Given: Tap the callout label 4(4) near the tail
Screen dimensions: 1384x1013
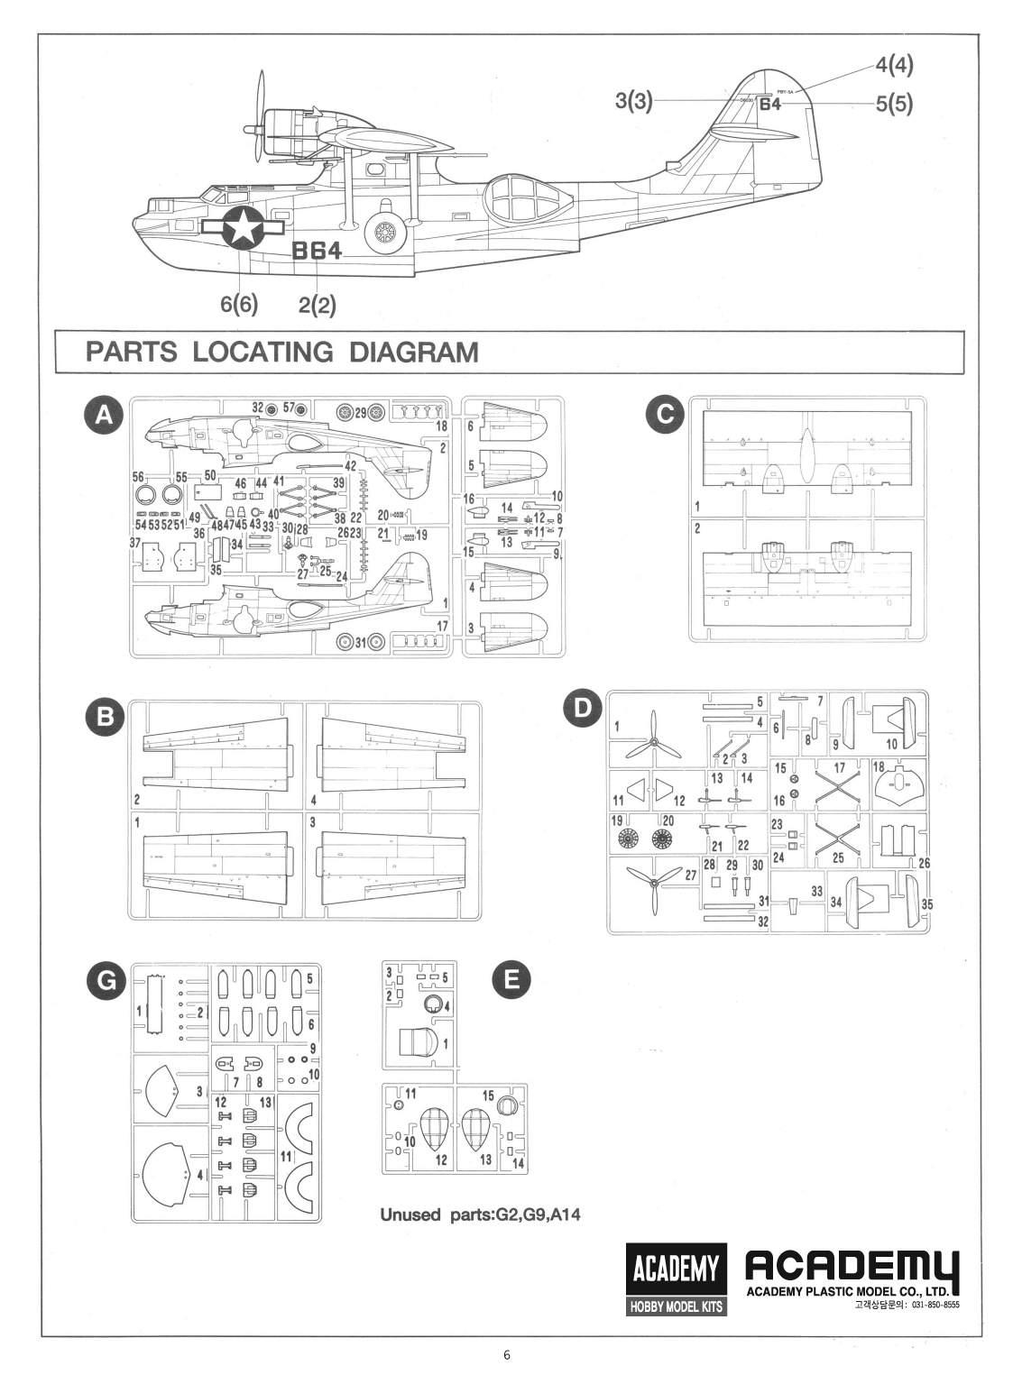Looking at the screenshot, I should tap(893, 65).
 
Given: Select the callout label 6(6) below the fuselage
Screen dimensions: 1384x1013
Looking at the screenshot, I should tap(239, 304).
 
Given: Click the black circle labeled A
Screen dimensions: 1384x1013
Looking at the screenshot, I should tap(105, 415).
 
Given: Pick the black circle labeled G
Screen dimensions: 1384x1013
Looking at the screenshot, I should tap(106, 981).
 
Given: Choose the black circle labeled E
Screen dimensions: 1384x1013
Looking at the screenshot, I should tap(511, 980).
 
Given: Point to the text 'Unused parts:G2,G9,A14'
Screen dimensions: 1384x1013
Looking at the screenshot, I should tap(480, 1214).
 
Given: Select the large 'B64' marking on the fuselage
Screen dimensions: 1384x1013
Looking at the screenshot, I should tap(317, 252).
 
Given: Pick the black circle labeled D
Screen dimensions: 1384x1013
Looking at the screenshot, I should tap(584, 709).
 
